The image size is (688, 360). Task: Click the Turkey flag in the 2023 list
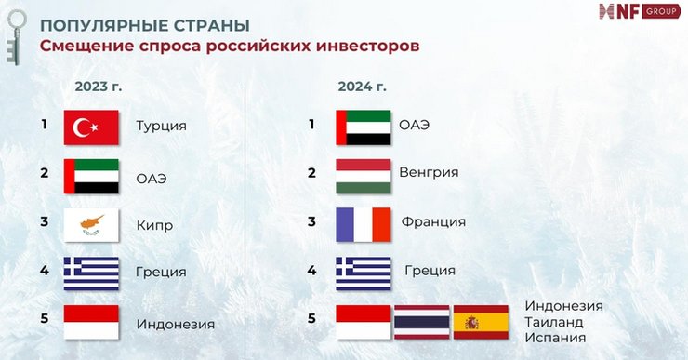91,127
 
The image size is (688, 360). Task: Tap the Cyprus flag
91,225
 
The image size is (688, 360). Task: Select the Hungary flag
363,175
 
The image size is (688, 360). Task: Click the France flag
363,224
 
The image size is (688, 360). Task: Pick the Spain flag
481,322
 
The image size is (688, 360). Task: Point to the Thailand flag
421,322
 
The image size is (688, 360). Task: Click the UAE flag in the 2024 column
363,127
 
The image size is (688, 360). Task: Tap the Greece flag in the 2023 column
91,273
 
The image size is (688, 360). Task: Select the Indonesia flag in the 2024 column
363,322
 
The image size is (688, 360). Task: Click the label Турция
161,126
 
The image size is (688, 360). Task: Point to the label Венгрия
429,172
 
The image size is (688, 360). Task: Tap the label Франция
433,221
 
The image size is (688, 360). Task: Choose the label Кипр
154,225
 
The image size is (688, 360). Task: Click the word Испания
556,337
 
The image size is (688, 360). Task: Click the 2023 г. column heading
99,87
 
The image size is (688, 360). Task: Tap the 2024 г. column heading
363,87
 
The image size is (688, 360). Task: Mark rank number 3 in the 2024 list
312,221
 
